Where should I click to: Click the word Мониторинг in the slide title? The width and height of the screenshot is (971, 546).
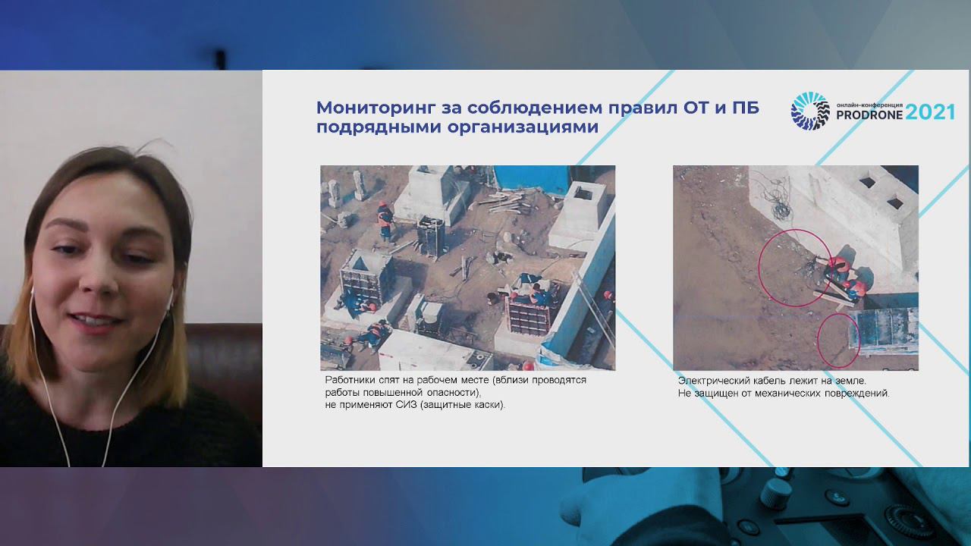pos(376,108)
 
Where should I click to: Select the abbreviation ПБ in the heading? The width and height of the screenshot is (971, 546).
pos(746,107)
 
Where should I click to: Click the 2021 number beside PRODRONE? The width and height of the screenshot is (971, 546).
pos(931,113)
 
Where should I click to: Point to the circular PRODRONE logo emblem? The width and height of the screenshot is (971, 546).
pos(809,111)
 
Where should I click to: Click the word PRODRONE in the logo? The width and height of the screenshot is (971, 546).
pos(869,115)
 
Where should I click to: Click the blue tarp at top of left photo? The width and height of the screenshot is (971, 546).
pos(533,178)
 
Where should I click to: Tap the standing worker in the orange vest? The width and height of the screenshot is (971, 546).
pos(385,221)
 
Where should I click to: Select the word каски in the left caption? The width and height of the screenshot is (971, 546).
pos(489,405)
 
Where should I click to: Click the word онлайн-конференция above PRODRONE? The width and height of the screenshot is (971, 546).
pos(869,105)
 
